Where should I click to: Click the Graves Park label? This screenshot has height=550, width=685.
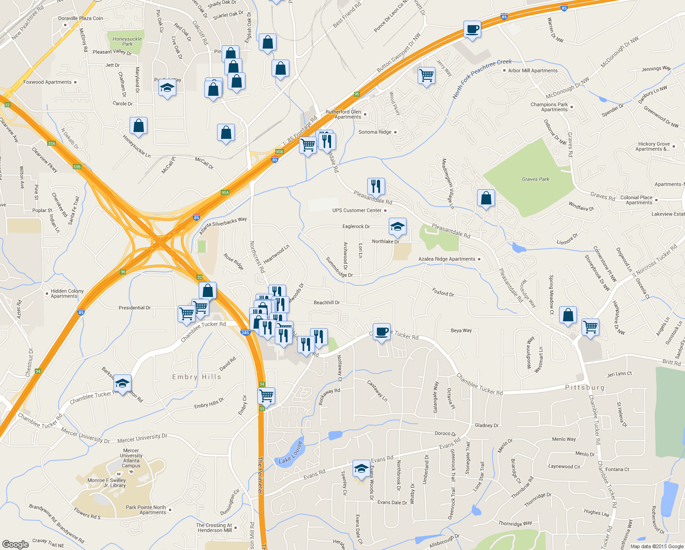point(535,179)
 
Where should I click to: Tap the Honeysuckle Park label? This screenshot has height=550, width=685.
point(127,41)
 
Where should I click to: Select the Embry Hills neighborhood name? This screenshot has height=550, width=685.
point(196,377)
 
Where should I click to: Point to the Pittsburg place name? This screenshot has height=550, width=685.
point(585,387)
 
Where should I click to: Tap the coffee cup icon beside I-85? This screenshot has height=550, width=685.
point(472,30)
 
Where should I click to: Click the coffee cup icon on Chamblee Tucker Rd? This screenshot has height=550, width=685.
point(381,331)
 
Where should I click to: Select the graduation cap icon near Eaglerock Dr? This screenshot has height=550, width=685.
point(397,226)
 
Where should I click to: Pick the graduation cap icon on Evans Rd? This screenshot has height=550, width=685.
point(361,469)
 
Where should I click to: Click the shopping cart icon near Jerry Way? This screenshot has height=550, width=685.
point(426,75)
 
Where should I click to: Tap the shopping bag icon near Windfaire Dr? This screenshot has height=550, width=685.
point(486,198)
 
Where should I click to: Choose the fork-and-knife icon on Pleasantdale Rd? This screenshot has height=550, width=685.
point(375,187)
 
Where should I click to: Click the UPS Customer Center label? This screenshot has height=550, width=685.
point(357,210)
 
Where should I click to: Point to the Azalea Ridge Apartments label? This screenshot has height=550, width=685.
point(447,259)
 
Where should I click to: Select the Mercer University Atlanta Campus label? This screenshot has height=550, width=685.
point(131,458)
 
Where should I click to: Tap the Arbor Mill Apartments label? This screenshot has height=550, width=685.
point(533,71)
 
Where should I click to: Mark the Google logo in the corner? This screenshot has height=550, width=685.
point(15,544)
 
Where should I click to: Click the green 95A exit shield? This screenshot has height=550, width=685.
point(225,192)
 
